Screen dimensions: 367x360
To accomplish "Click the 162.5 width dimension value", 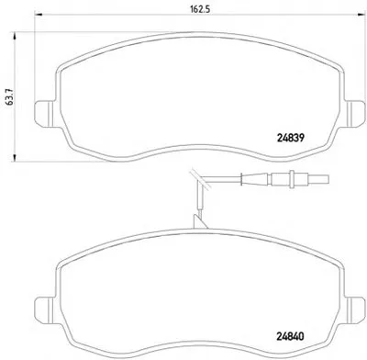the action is tap(200, 9).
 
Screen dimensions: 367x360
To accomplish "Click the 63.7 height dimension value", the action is tap(10, 97).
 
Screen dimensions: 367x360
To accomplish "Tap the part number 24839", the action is tap(291, 139).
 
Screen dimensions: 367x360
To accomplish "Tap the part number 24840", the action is tap(291, 337).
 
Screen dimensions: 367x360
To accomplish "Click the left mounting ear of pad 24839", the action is tap(44, 113).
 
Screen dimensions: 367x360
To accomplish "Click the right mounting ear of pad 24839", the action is tap(355, 113).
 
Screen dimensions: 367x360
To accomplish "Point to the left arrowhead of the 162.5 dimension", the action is tap(39, 14).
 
